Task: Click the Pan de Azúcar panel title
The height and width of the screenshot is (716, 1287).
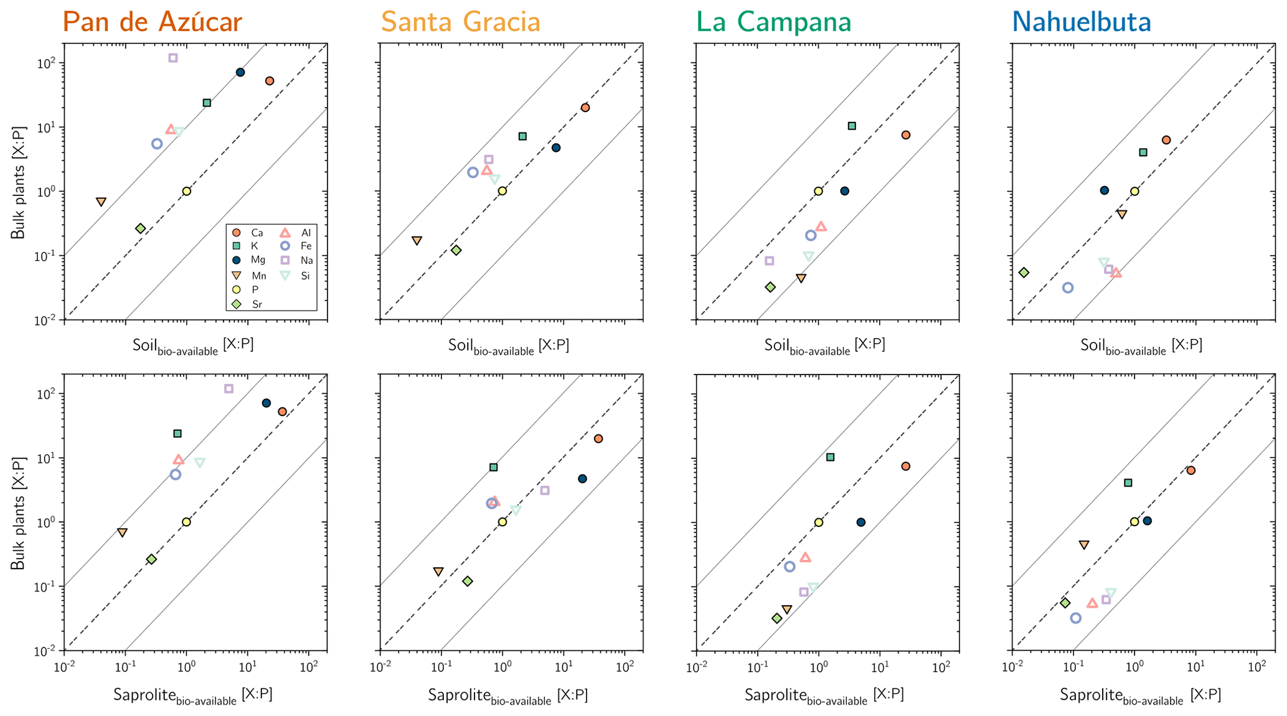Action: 153,22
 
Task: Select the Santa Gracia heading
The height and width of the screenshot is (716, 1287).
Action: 461,22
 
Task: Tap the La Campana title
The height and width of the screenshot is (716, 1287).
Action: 774,22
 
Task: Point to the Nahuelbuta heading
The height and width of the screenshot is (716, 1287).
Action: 1082,22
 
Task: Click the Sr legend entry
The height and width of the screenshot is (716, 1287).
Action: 248,304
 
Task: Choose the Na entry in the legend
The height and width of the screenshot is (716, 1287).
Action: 298,261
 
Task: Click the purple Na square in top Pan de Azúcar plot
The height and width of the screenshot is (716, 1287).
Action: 173,58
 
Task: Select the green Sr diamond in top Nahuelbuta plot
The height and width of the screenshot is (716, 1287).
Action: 1024,272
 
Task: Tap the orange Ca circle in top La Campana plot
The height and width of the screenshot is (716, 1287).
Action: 906,135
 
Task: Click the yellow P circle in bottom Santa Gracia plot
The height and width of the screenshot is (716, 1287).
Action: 502,522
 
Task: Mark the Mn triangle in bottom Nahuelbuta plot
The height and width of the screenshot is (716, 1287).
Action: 1084,544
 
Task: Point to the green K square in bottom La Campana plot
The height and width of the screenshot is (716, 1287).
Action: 830,457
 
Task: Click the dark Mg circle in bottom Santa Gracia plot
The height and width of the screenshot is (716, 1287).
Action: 582,479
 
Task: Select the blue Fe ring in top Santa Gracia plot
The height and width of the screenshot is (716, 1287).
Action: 473,172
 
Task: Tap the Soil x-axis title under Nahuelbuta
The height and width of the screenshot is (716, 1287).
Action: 1141,346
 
